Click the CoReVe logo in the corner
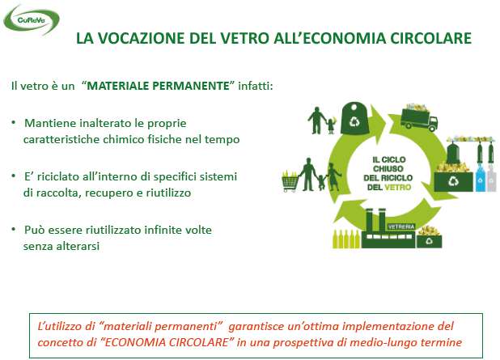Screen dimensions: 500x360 pos(32,19)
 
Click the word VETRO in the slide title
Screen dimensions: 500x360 pos(245,38)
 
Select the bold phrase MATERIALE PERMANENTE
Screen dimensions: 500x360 pos(158,86)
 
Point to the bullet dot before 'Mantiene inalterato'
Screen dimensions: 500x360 pos(14,123)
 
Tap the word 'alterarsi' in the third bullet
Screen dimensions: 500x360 pos(78,246)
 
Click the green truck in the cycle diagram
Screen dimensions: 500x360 pos(419,119)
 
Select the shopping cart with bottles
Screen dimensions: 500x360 pos(290,180)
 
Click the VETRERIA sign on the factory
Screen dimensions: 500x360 pos(401,227)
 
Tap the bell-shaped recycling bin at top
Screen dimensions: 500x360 pos(354,118)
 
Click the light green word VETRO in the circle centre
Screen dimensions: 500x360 pos(398,187)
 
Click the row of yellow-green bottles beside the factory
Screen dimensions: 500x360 pos(346,239)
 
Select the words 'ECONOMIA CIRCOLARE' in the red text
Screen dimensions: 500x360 pos(167,342)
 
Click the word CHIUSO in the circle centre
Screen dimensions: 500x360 pos(388,169)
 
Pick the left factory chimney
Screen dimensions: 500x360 pos(369,220)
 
